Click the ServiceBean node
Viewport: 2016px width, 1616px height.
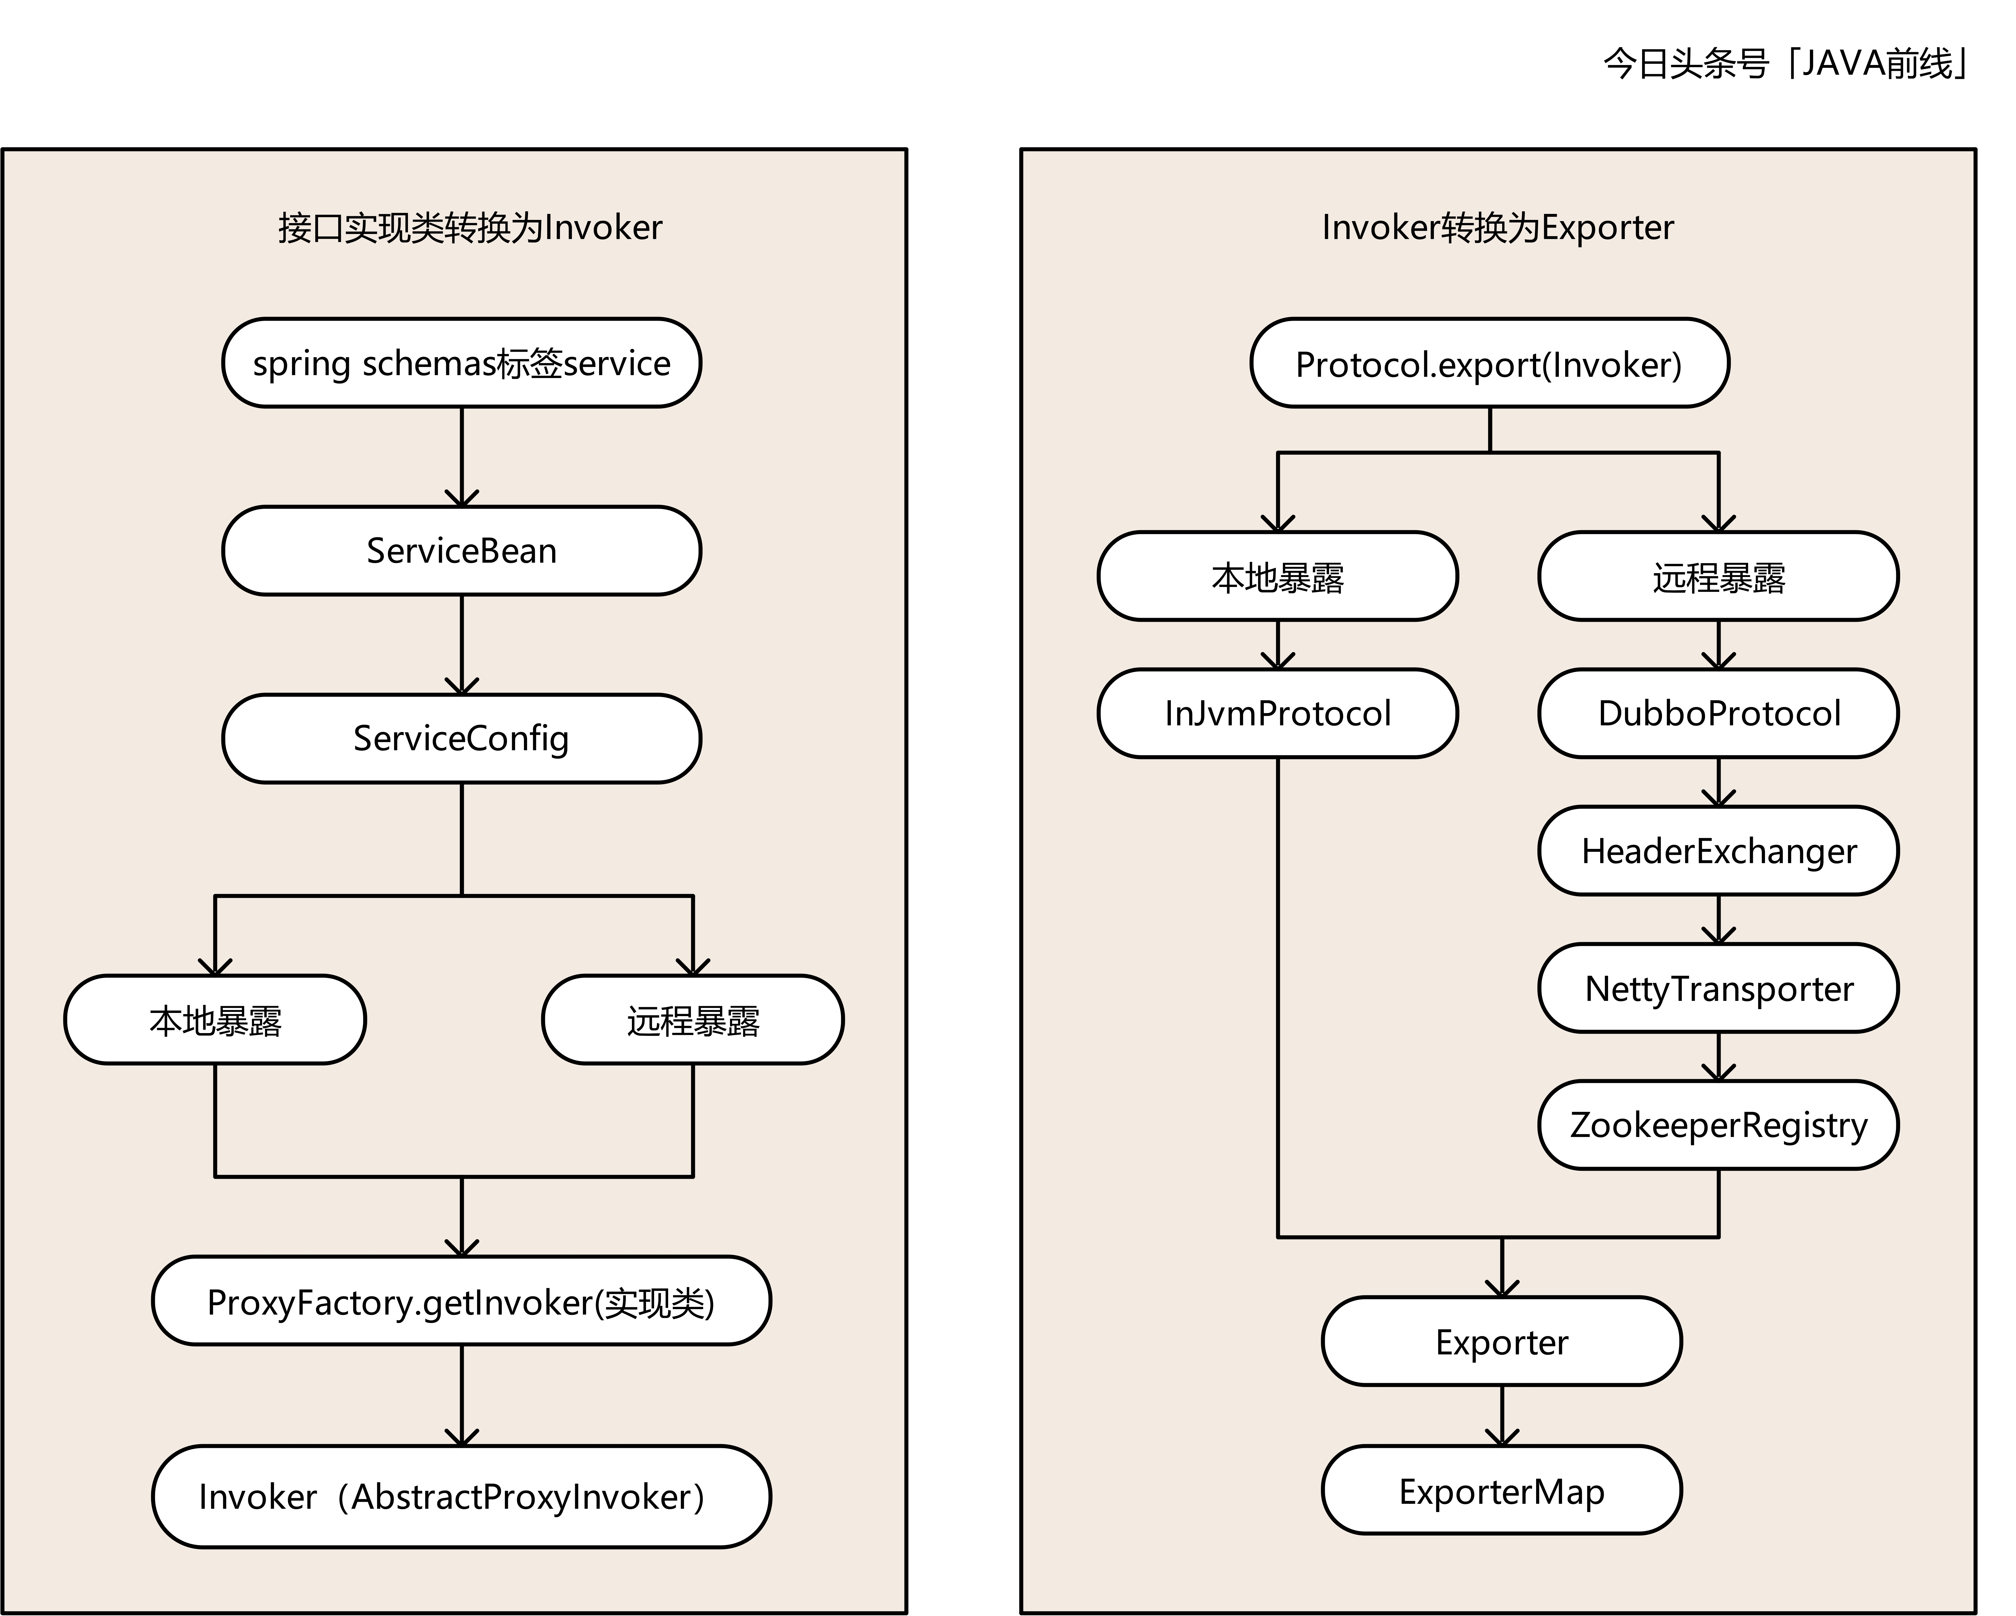461,551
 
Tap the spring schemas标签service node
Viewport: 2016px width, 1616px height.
461,363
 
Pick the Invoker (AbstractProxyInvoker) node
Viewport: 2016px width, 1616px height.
461,1496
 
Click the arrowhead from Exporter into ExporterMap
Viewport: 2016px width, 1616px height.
1502,1437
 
